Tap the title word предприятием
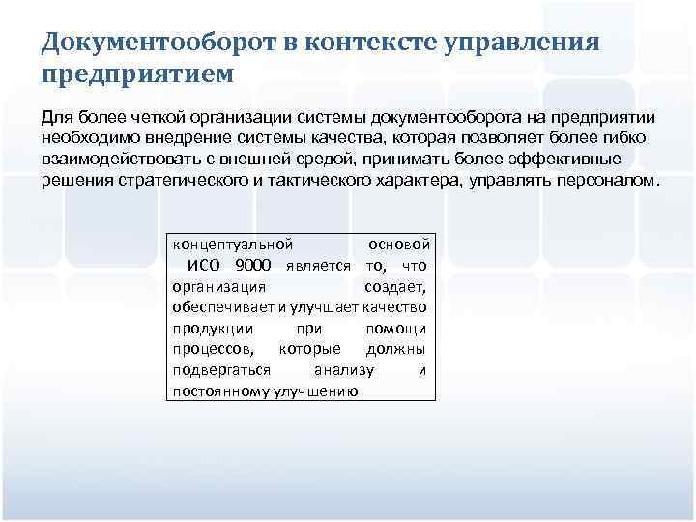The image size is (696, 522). point(136,73)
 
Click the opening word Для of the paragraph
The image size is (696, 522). point(57,117)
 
